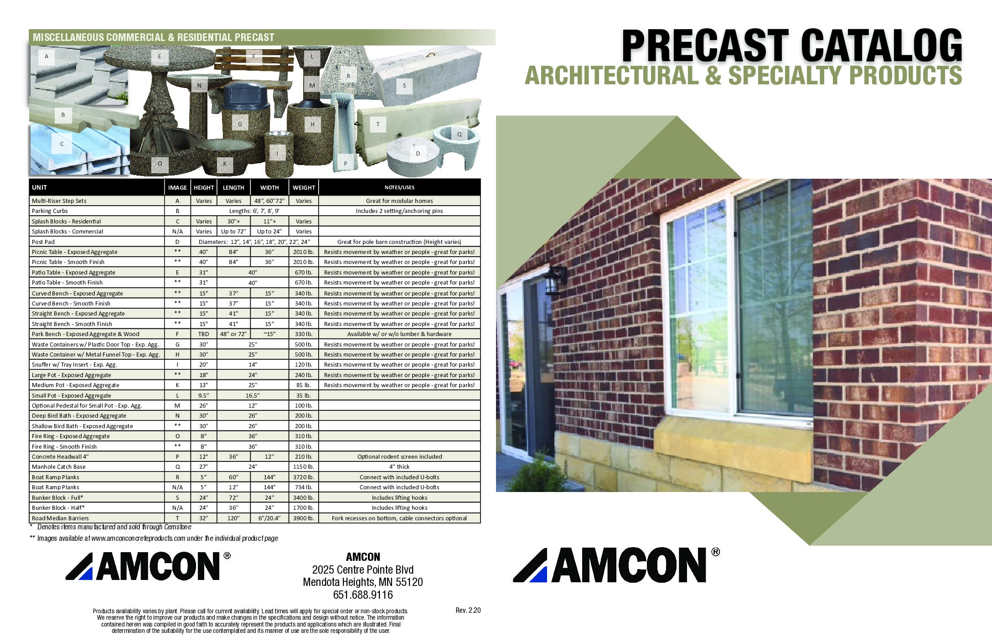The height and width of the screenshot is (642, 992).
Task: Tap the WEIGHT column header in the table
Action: click(x=304, y=187)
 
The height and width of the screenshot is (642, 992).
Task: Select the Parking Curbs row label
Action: click(x=50, y=211)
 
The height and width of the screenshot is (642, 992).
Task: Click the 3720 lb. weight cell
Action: click(x=304, y=477)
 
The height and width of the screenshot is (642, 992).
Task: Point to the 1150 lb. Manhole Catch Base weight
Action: click(x=304, y=467)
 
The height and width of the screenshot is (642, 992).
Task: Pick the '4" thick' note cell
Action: click(x=399, y=467)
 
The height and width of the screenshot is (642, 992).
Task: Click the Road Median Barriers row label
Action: click(x=60, y=518)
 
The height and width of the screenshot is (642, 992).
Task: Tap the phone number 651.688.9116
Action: click(x=363, y=595)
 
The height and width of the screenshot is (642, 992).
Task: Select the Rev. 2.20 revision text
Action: click(x=468, y=611)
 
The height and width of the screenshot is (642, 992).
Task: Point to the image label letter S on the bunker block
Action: click(x=404, y=86)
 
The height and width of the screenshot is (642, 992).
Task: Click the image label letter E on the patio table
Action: click(x=160, y=57)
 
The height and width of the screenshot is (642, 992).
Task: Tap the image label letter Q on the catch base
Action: click(x=460, y=135)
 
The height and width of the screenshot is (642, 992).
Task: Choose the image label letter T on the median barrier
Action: click(x=378, y=124)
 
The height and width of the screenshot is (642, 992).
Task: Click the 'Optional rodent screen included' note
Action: click(x=399, y=456)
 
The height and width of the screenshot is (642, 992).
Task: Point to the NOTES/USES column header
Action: click(x=399, y=187)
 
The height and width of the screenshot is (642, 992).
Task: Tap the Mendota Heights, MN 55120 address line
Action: click(x=363, y=582)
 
